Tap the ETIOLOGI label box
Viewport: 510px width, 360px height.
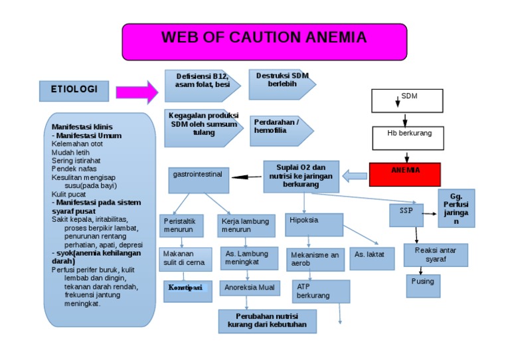click(74, 90)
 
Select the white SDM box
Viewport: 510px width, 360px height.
click(409, 101)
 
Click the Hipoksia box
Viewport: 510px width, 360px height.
click(313, 225)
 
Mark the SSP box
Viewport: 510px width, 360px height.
click(406, 215)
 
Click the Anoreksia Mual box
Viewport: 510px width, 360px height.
click(249, 288)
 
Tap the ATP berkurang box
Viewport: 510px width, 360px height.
click(320, 291)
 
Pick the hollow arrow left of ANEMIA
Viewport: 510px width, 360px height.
click(355, 176)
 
